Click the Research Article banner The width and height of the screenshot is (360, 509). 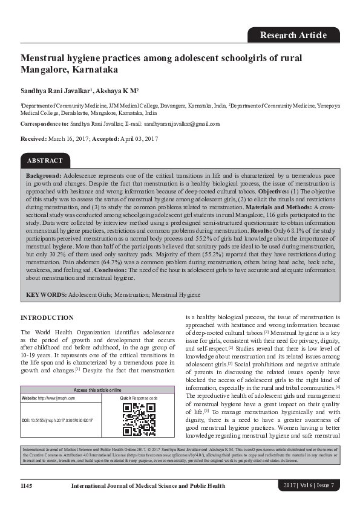[293, 34]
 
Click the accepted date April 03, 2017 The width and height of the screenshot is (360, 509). [140, 138]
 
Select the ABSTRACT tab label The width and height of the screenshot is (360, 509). [45, 161]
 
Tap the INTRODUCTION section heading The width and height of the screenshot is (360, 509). [47, 317]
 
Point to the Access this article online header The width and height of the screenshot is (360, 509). [97, 390]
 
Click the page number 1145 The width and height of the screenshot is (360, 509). [27, 485]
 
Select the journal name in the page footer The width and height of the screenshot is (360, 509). [148, 485]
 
